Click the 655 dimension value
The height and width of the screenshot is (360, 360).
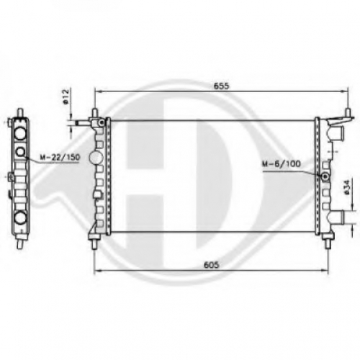point(221,86)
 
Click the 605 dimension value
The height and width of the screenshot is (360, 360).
point(211,265)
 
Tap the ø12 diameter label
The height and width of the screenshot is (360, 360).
point(66,96)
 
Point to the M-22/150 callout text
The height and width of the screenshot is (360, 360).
point(60,158)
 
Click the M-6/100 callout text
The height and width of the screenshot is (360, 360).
point(281,164)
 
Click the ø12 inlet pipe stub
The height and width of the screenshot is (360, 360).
point(83,123)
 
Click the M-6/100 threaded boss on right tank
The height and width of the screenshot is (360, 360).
point(325,177)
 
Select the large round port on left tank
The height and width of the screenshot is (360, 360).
point(96,158)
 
